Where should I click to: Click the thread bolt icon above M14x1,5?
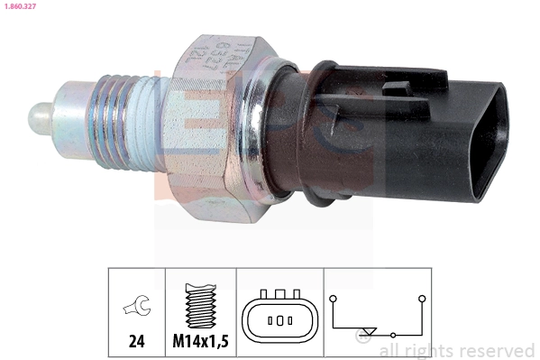[x=199, y=307]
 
